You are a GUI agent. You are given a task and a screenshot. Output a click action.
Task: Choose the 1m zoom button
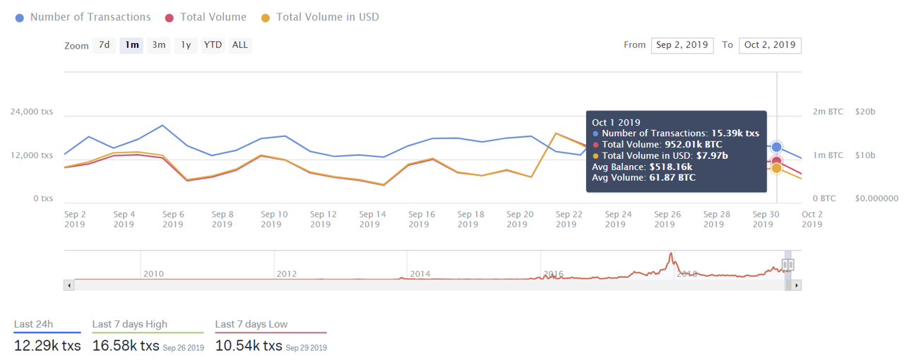tap(131, 45)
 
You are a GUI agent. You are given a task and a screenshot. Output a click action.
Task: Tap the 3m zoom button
tap(159, 45)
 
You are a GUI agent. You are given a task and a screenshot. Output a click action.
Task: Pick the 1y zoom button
tap(186, 45)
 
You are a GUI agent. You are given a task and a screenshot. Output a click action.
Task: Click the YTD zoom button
tap(213, 45)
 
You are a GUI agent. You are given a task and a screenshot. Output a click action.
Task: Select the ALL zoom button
tap(240, 45)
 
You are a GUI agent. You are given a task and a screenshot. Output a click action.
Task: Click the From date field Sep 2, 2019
tap(682, 45)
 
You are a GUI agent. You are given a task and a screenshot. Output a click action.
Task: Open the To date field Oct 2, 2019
tap(770, 45)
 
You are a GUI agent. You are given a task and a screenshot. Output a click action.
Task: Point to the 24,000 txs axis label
tap(32, 112)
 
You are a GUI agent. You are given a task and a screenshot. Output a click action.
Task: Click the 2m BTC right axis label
tap(828, 112)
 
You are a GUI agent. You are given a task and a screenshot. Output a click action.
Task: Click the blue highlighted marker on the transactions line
tap(777, 147)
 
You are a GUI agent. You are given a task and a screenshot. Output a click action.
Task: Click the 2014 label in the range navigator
tap(420, 274)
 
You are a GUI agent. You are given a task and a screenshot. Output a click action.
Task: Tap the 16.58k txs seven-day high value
tap(126, 346)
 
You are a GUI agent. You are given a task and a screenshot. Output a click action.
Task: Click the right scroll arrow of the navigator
tap(797, 285)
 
